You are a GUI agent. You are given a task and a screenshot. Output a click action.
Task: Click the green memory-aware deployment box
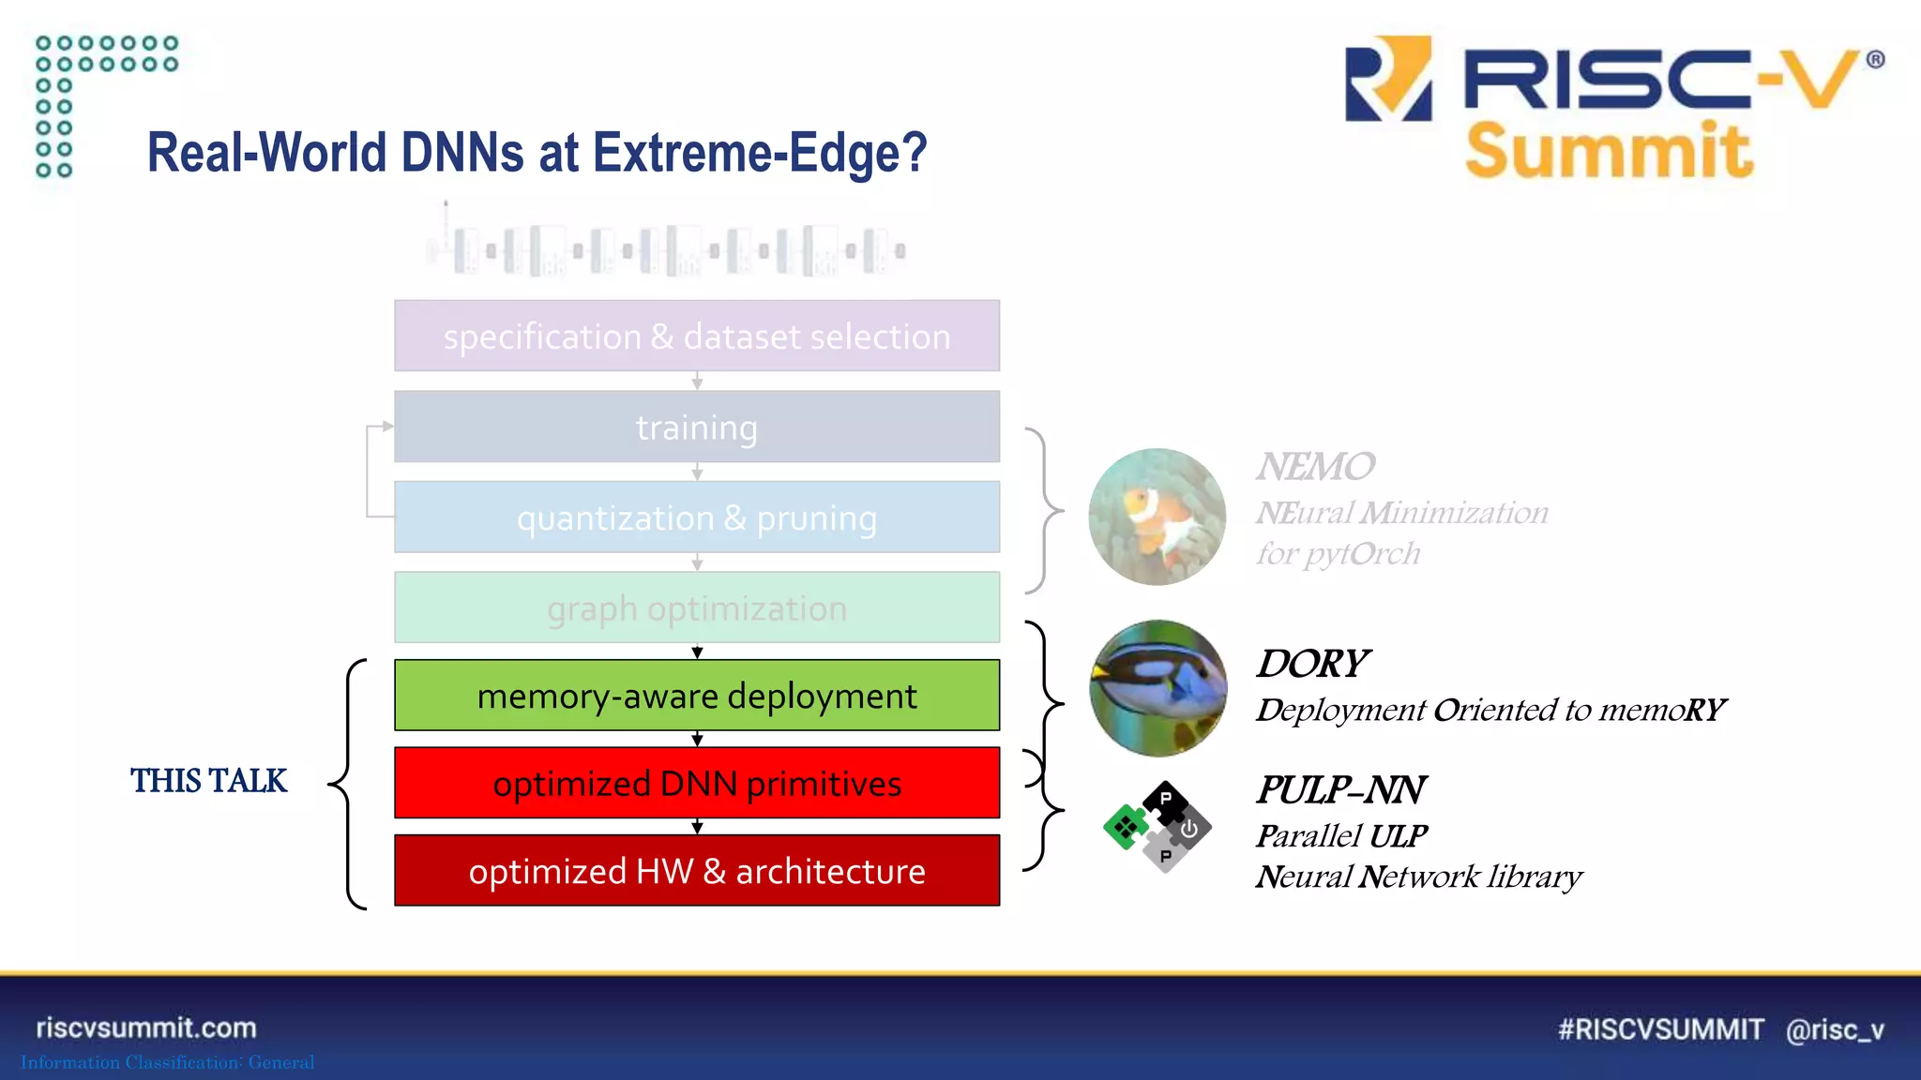[696, 696]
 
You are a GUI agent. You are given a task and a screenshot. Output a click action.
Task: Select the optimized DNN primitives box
[696, 783]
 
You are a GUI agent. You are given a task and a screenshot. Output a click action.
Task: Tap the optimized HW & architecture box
[696, 871]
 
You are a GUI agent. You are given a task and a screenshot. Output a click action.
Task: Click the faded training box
[696, 427]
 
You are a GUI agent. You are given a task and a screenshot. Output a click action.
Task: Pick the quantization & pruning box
[696, 517]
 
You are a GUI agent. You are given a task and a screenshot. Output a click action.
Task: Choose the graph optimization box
[696, 608]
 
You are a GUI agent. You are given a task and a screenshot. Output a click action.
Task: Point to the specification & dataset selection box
[696, 337]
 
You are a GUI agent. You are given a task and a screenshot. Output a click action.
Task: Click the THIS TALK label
[208, 781]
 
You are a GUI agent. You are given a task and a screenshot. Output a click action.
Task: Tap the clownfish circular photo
[1157, 517]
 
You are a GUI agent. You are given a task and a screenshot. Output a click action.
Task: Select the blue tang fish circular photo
[1157, 688]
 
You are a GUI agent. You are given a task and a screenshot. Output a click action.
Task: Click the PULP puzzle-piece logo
[1157, 826]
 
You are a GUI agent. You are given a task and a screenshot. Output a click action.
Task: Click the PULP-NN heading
[1340, 790]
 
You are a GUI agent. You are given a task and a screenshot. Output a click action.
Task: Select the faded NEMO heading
[1315, 467]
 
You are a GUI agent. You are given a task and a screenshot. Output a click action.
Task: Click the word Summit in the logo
[1608, 151]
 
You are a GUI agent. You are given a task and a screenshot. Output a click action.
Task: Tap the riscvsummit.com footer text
[146, 1027]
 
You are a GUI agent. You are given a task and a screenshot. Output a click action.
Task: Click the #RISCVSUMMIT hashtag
[1660, 1029]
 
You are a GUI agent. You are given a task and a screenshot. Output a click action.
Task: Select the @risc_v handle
[1835, 1029]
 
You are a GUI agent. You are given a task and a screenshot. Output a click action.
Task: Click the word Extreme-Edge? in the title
[760, 153]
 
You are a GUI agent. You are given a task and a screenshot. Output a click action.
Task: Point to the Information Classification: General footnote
[168, 1062]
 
